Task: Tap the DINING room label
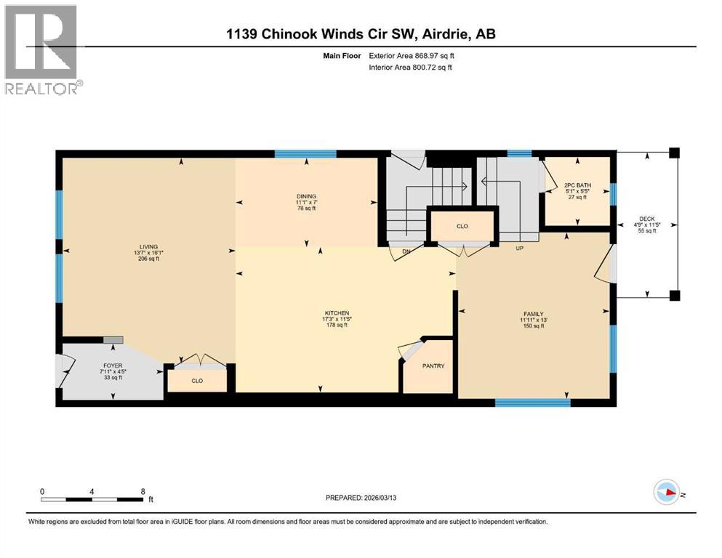pyautogui.click(x=306, y=195)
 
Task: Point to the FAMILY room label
pyautogui.click(x=532, y=313)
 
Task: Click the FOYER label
pyautogui.click(x=113, y=365)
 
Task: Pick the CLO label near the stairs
pyautogui.click(x=462, y=226)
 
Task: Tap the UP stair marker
pyautogui.click(x=519, y=248)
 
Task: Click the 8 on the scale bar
pyautogui.click(x=142, y=490)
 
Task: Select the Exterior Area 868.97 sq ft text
pyautogui.click(x=413, y=55)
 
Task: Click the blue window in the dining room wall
pyautogui.click(x=305, y=153)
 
